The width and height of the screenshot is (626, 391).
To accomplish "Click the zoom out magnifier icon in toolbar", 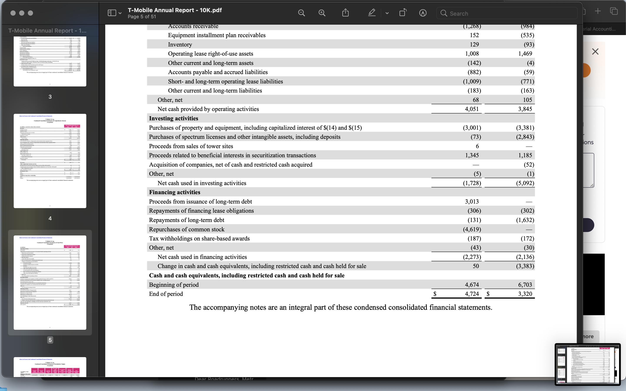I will (x=301, y=13).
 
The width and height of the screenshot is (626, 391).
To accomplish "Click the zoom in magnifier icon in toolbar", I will (x=322, y=13).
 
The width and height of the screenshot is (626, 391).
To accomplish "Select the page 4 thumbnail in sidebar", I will (x=50, y=161).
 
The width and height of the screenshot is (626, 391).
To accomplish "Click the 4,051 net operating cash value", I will (x=472, y=109).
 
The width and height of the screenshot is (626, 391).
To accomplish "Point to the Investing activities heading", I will (x=174, y=118).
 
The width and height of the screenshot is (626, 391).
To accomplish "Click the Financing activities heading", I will (x=175, y=192).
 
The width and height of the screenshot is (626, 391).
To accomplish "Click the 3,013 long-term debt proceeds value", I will (x=472, y=201).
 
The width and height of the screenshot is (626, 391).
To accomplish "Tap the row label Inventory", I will (x=180, y=45).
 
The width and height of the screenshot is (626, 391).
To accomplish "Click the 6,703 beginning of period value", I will (x=525, y=285).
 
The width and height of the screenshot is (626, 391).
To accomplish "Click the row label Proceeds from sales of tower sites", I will (x=191, y=146).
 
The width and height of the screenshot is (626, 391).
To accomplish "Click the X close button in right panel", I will (x=595, y=52).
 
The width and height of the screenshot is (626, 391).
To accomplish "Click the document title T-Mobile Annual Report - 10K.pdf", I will (x=175, y=10).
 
